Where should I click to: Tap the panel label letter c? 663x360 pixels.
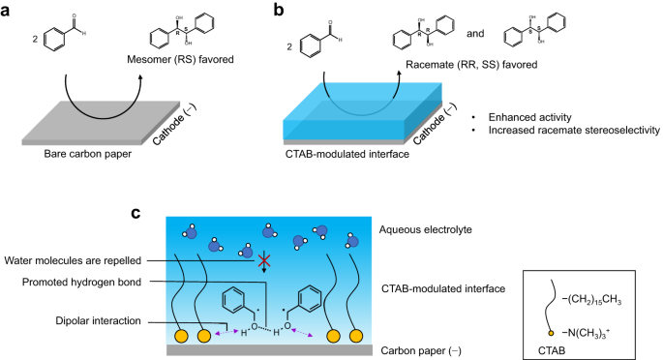[x=136, y=207]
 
